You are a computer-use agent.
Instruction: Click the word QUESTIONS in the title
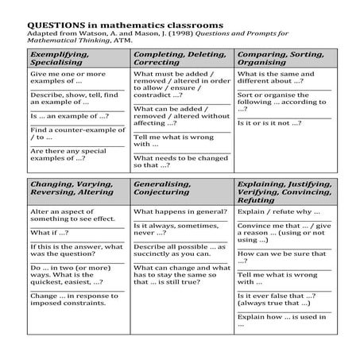[x=56, y=24]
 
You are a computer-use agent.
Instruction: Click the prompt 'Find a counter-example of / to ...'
[x=68, y=134]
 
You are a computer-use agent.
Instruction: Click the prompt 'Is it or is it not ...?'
[x=270, y=124]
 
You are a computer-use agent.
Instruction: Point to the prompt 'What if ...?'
[x=49, y=233]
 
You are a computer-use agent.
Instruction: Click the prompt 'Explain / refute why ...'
[x=279, y=212]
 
